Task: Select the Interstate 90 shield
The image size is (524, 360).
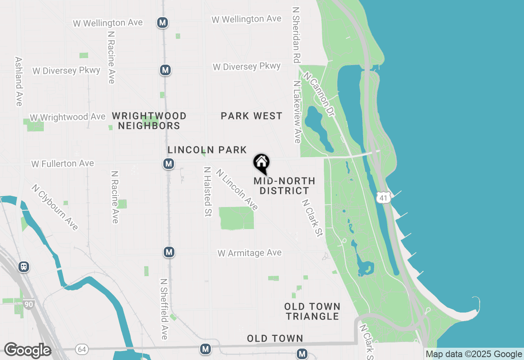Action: [x=28, y=305]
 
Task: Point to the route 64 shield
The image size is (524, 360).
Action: [x=82, y=349]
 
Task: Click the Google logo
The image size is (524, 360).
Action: [x=27, y=350]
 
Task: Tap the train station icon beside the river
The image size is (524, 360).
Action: [x=24, y=267]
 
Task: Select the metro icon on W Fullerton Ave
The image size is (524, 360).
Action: [x=168, y=164]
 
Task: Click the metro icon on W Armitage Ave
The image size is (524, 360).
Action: [x=169, y=252]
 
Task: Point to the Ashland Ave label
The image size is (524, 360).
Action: [x=18, y=81]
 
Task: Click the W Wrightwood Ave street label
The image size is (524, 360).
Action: [x=68, y=117]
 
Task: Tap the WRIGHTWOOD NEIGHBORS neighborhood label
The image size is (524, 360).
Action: [x=149, y=121]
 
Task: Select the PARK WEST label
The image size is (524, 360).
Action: [x=251, y=116]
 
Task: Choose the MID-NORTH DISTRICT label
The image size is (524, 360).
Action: [x=285, y=186]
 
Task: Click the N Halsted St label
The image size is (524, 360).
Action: [x=208, y=191]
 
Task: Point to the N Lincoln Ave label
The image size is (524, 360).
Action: [x=237, y=190]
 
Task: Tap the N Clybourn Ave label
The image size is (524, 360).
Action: [x=55, y=207]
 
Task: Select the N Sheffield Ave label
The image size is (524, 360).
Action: [x=164, y=309]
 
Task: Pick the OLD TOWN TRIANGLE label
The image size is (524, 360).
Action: [x=312, y=311]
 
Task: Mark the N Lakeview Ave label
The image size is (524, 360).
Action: [x=297, y=112]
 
